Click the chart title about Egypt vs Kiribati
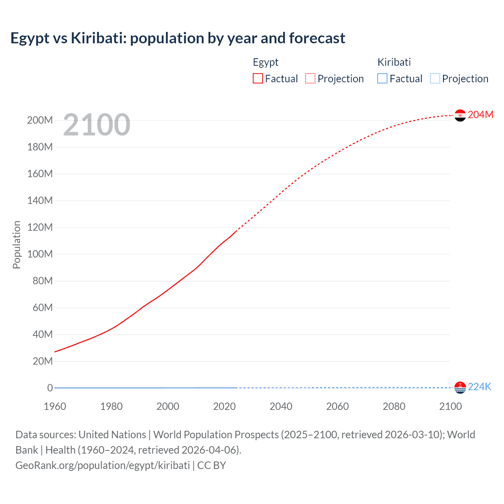[x=178, y=38]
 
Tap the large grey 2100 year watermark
[x=96, y=125]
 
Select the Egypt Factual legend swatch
[x=258, y=79]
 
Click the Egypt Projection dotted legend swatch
[x=310, y=79]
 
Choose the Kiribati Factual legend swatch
[x=382, y=79]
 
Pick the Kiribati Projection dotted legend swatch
[x=435, y=79]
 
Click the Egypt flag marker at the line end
[x=460, y=115]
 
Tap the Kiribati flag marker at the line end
[x=460, y=387]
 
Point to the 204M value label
[x=480, y=115]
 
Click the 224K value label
[x=479, y=387]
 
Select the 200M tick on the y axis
[x=40, y=120]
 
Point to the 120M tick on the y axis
[x=40, y=228]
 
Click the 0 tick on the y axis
[x=50, y=388]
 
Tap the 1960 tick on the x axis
[x=55, y=406]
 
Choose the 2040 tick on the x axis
[x=281, y=406]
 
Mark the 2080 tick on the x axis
[x=394, y=406]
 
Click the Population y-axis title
[x=17, y=245]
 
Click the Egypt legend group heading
[x=265, y=62]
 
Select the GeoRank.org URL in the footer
[x=102, y=465]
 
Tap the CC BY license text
[x=211, y=465]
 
